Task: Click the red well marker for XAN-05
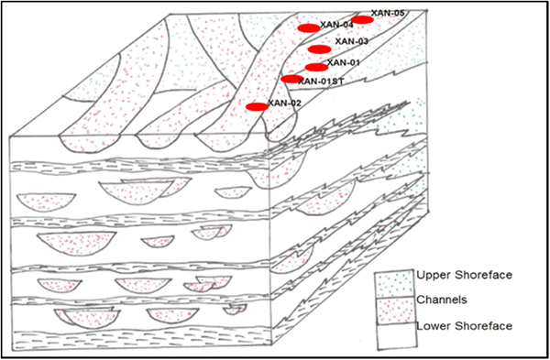[x=364, y=19]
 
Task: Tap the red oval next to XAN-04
[x=309, y=27]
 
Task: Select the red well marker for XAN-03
[x=319, y=49]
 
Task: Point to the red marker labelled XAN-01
[x=315, y=67]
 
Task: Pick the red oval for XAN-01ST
[x=292, y=79]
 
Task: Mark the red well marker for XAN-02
[x=258, y=106]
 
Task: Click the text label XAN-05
[x=388, y=13]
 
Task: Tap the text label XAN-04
[x=337, y=25]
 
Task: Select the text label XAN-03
[x=352, y=41]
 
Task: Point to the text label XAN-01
[x=343, y=62]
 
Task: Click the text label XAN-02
[x=285, y=103]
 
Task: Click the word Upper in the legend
[x=432, y=275]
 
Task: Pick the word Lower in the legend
[x=432, y=326]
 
